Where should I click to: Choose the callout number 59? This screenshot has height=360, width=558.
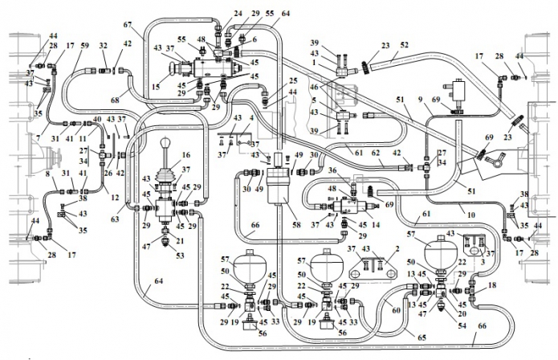coord(85,47)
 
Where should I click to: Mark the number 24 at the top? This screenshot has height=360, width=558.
coord(216,14)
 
